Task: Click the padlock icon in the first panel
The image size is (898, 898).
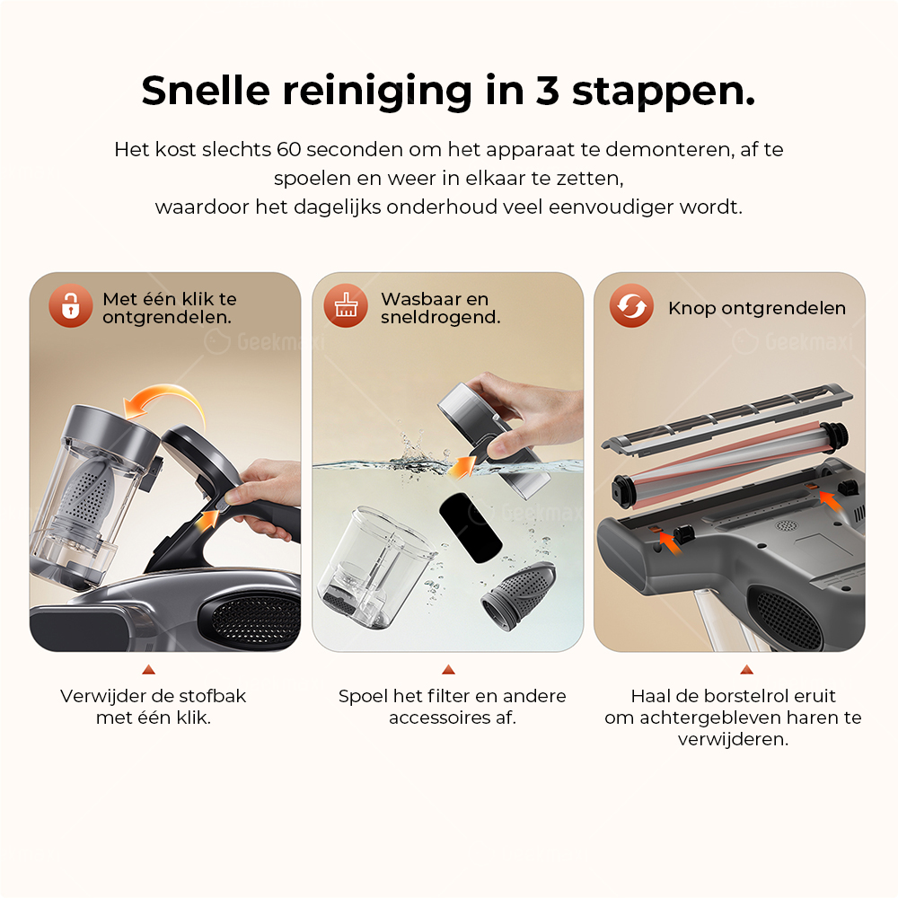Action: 70,306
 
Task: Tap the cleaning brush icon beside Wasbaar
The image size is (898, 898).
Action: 346,306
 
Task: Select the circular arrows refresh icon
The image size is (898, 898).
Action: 631,306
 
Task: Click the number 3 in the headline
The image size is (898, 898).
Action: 547,91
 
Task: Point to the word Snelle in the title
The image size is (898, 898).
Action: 205,91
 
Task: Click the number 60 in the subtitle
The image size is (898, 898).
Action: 288,149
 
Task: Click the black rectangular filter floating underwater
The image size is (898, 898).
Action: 471,527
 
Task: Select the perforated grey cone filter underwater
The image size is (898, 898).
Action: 518,595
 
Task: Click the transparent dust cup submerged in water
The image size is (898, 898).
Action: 375,566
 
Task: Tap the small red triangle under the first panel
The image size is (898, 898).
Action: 149,669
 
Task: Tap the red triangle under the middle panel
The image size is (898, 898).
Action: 448,669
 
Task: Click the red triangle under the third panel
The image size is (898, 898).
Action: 746,669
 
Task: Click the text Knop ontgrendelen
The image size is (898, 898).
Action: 756,308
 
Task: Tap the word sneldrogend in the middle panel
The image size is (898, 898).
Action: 440,317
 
